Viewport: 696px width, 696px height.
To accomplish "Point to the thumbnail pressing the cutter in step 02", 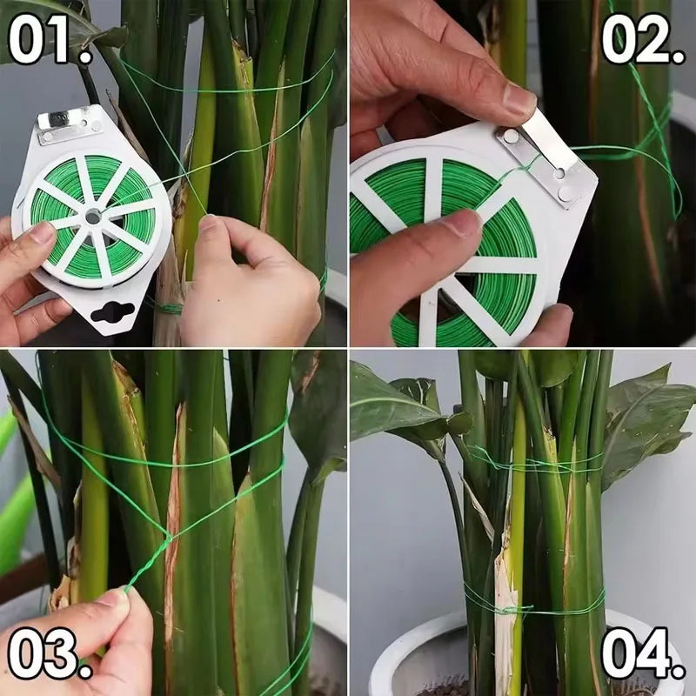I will pos(519,100).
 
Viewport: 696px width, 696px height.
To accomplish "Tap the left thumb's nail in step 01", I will pos(41,233).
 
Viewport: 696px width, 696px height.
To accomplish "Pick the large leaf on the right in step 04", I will pos(648,418).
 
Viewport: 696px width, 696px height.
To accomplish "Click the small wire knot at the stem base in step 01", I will pos(169,308).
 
